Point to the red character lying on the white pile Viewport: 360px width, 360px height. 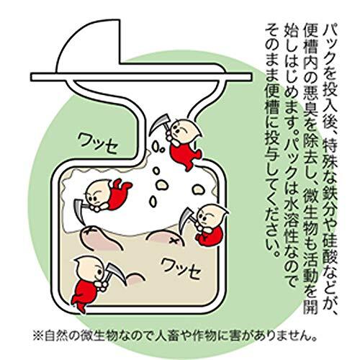coord(108,194)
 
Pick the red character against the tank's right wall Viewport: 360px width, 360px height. coord(210,224)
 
